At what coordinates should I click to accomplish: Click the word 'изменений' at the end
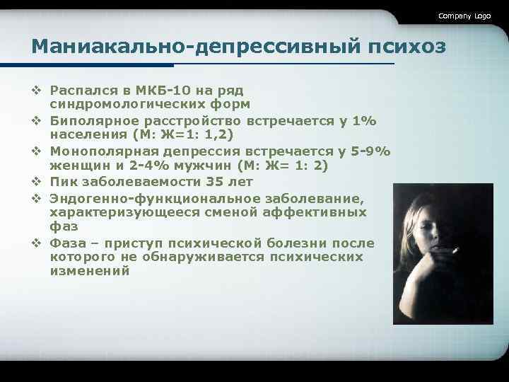click(x=90, y=271)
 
